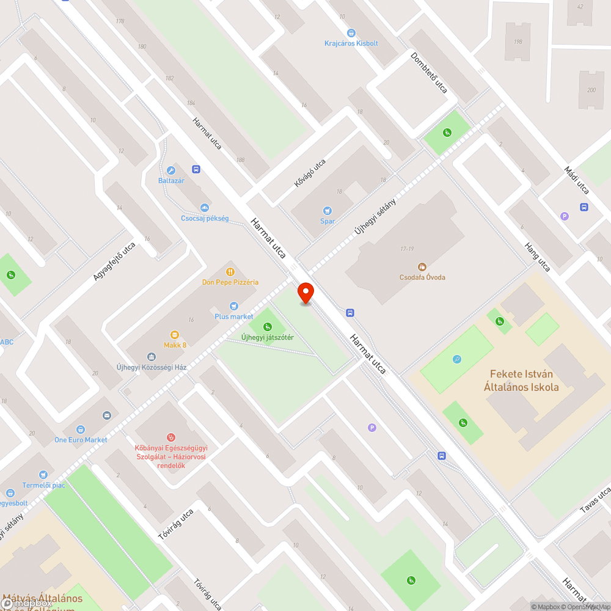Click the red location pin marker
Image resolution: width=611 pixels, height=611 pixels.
305,293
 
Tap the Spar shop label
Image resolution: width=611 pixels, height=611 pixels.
327,221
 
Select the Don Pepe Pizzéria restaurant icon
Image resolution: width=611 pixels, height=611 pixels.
230,271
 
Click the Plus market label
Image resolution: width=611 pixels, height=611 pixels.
233,316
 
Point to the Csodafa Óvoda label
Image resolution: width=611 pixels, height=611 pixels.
422,277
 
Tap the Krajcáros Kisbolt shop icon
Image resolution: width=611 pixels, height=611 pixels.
351,33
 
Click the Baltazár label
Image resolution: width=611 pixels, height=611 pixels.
171,181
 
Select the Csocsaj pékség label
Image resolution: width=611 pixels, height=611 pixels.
205,218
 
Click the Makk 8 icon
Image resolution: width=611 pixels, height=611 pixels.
175,334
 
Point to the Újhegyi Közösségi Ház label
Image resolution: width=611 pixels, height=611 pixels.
152,367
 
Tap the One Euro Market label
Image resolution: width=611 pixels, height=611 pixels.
81,440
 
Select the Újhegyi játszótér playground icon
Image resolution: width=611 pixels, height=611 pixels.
268,326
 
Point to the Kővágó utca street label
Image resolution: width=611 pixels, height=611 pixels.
310,174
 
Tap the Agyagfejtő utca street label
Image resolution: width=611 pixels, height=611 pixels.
114,262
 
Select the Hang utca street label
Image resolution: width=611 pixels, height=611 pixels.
537,255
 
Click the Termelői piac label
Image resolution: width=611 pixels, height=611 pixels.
43,485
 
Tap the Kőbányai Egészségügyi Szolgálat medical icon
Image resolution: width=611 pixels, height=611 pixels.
171,437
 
